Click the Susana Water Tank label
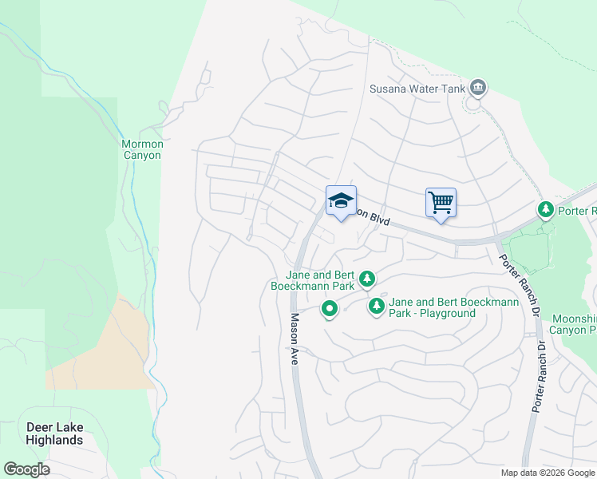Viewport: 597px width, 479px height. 416,88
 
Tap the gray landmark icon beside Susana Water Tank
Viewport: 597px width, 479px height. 478,87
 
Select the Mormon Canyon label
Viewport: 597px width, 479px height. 142,149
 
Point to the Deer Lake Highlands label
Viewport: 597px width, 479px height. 54,433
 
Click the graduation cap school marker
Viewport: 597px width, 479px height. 341,201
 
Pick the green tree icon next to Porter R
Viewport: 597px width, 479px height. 546,210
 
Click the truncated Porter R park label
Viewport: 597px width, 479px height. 577,211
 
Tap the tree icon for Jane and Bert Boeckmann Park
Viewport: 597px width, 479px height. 367,279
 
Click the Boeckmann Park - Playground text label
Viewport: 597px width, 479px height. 453,307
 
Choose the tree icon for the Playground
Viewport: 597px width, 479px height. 376,306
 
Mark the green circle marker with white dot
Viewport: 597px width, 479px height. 329,308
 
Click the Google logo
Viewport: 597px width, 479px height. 26,469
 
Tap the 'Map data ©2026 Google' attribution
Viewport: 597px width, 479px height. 547,473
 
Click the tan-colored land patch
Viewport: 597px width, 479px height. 104,351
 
